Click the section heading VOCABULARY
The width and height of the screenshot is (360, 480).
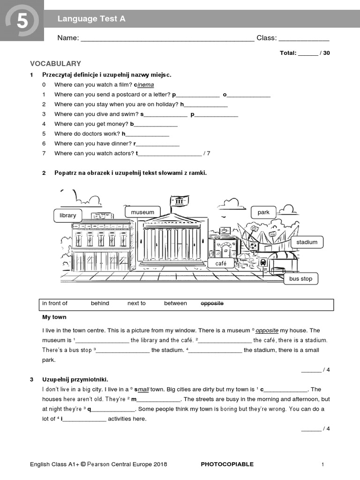point(55,63)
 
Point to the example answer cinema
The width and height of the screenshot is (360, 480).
point(144,85)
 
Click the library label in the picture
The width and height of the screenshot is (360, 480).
point(68,215)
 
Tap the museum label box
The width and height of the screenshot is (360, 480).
point(142,212)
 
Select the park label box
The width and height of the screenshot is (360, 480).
point(263,212)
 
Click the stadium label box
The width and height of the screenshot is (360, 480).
point(307,242)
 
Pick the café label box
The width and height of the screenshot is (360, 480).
point(221,264)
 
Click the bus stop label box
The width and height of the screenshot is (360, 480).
point(300,278)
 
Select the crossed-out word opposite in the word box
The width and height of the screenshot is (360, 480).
point(212,303)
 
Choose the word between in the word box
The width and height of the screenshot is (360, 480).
point(175,303)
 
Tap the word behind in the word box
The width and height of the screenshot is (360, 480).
point(100,303)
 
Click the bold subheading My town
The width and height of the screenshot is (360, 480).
point(54,317)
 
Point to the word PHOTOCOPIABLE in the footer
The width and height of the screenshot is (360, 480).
point(227,464)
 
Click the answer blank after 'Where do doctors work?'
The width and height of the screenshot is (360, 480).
point(147,135)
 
